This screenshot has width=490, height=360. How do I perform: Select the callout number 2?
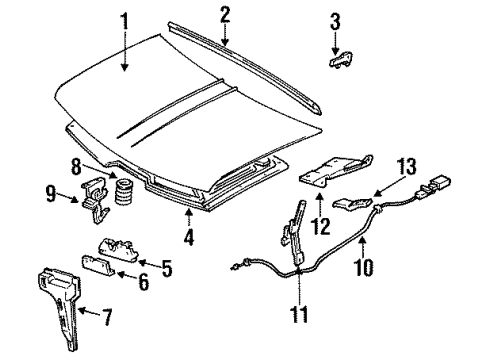tap(224, 14)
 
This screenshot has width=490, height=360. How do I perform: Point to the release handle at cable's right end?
tap(437, 187)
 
